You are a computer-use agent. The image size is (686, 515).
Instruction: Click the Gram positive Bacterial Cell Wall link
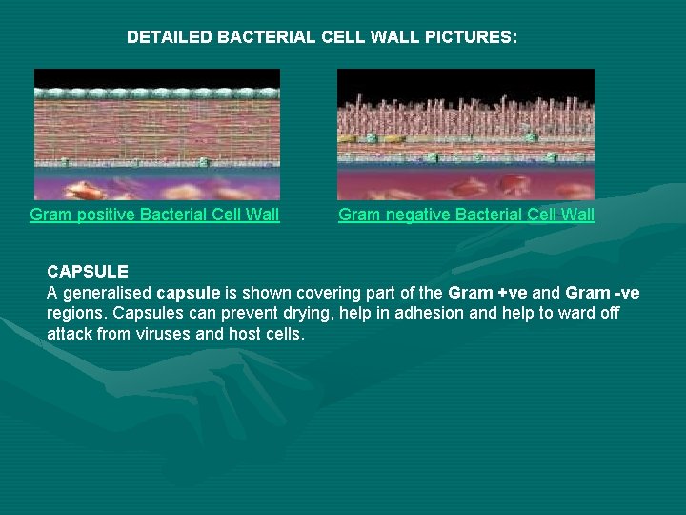pyautogui.click(x=154, y=215)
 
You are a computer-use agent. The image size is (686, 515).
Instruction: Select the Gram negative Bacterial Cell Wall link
pyautogui.click(x=466, y=215)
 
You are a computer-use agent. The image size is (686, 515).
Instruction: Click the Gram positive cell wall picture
pyautogui.click(x=157, y=134)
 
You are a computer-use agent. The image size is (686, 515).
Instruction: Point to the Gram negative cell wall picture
pyautogui.click(x=466, y=134)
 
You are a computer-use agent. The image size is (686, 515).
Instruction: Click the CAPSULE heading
pyautogui.click(x=88, y=272)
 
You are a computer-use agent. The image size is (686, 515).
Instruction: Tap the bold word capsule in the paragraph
pyautogui.click(x=188, y=293)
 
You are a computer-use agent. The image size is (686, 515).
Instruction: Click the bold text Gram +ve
pyautogui.click(x=483, y=293)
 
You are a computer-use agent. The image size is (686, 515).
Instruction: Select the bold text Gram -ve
pyautogui.click(x=602, y=293)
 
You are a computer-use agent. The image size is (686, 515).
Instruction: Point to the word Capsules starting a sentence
pyautogui.click(x=144, y=314)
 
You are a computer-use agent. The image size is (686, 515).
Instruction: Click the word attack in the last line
pyautogui.click(x=70, y=335)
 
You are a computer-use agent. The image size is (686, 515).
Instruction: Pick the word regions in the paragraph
pyautogui.click(x=76, y=314)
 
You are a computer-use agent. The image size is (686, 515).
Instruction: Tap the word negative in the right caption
pyautogui.click(x=415, y=215)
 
